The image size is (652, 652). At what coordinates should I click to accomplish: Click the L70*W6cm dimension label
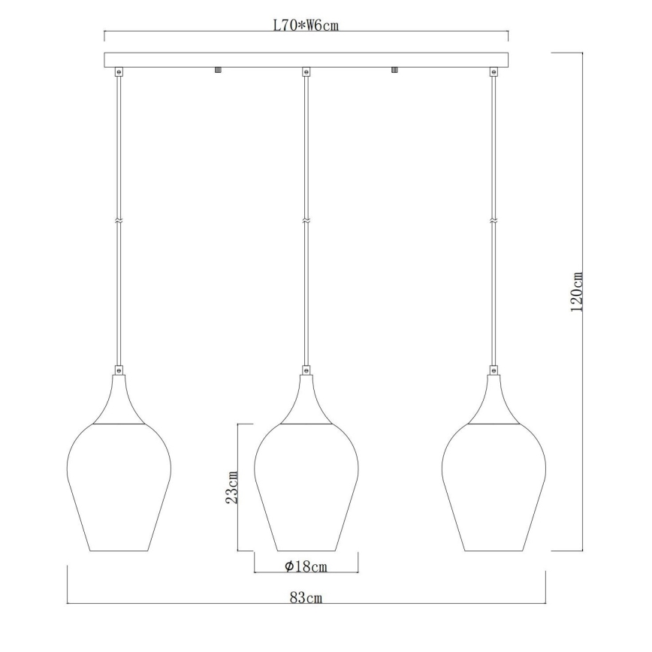pos(306,25)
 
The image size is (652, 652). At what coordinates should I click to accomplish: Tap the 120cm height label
pos(577,292)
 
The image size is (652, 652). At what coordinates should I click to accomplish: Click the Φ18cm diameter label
pos(306,567)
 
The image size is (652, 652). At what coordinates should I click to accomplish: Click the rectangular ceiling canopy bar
pos(306,59)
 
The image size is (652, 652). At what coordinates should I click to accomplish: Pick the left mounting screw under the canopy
pos(217,70)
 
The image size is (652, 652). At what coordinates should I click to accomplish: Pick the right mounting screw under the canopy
pos(394,70)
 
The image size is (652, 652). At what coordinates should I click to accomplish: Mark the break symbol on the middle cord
pos(306,221)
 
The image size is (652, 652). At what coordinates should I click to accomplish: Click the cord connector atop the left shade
pos(119,370)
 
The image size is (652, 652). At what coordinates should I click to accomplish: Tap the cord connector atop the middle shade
pos(306,370)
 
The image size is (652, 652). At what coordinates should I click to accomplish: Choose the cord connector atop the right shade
pos(493,370)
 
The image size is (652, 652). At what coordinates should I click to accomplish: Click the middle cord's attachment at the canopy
pos(306,72)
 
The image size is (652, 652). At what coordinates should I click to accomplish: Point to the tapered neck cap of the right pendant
pos(493,402)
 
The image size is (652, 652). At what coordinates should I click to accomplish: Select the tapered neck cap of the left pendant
pos(119,402)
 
